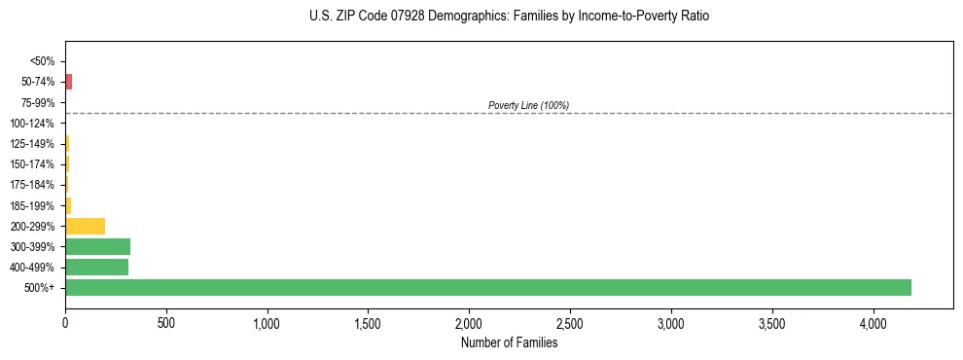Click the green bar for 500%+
pyautogui.click(x=487, y=287)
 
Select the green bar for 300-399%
pyautogui.click(x=97, y=246)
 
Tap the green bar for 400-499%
pyautogui.click(x=96, y=267)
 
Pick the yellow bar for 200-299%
pyautogui.click(x=85, y=226)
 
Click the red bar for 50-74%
pyautogui.click(x=68, y=82)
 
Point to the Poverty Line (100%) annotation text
pyautogui.click(x=528, y=105)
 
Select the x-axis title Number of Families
pyautogui.click(x=509, y=342)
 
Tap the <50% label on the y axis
pyautogui.click(x=42, y=61)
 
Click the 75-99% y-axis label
pyautogui.click(x=38, y=102)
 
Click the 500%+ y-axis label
pyautogui.click(x=40, y=288)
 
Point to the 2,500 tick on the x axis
pyautogui.click(x=570, y=322)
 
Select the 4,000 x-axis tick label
pyautogui.click(x=873, y=322)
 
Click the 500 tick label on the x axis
pyautogui.click(x=166, y=322)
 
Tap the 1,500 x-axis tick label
pyautogui.click(x=368, y=322)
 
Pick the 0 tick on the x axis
pyautogui.click(x=65, y=322)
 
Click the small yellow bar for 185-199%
pyautogui.click(x=68, y=205)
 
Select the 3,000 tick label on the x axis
pyautogui.click(x=671, y=322)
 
